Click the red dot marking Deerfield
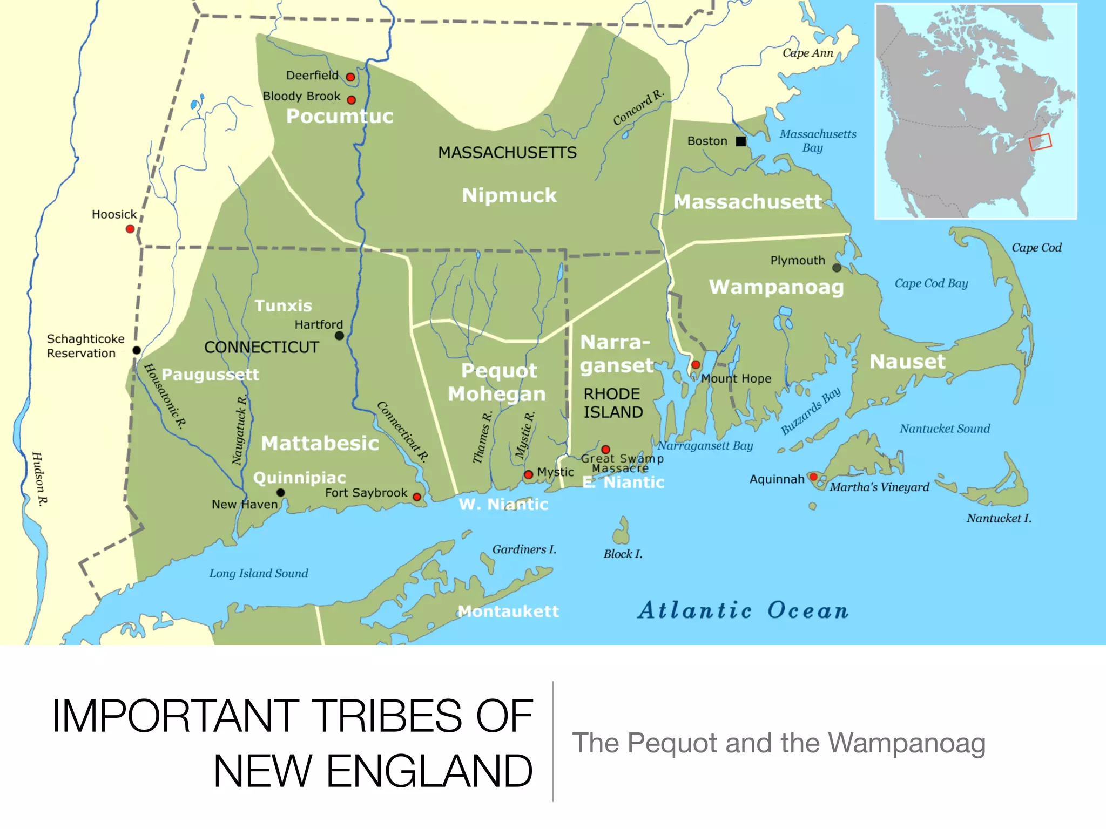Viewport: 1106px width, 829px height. click(350, 77)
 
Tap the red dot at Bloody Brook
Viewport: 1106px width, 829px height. click(352, 100)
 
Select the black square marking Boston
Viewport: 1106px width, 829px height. click(741, 141)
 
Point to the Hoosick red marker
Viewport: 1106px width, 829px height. click(130, 229)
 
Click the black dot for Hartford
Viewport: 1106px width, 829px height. click(339, 336)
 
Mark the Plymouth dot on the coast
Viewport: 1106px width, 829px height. click(837, 268)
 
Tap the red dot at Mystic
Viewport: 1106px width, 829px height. click(529, 474)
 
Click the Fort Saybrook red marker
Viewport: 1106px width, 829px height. click(417, 497)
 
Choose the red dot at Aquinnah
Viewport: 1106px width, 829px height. click(813, 477)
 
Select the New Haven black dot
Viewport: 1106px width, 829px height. click(281, 492)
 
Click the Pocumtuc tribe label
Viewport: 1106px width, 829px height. click(340, 117)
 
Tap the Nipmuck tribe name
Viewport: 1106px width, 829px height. click(509, 195)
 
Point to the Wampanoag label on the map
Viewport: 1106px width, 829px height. click(776, 287)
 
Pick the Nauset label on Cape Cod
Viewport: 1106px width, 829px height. click(907, 362)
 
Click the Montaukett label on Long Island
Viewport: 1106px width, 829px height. click(508, 611)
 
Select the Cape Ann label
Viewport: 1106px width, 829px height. click(808, 53)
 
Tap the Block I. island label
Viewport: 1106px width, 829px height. click(623, 554)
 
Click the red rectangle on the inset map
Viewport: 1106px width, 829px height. click(1040, 142)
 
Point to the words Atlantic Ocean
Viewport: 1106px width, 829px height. click(743, 611)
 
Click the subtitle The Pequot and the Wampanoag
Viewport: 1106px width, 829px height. click(779, 743)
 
